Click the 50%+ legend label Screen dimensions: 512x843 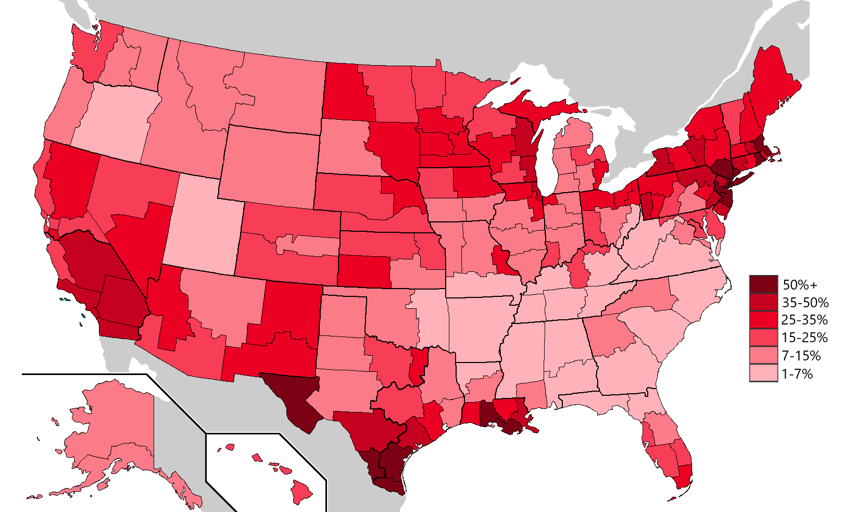(x=800, y=285)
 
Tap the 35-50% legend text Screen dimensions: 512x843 (x=804, y=303)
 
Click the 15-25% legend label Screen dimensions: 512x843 (x=804, y=338)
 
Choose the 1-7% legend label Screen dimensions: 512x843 (x=797, y=373)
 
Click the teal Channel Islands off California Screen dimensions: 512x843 (x=65, y=299)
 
